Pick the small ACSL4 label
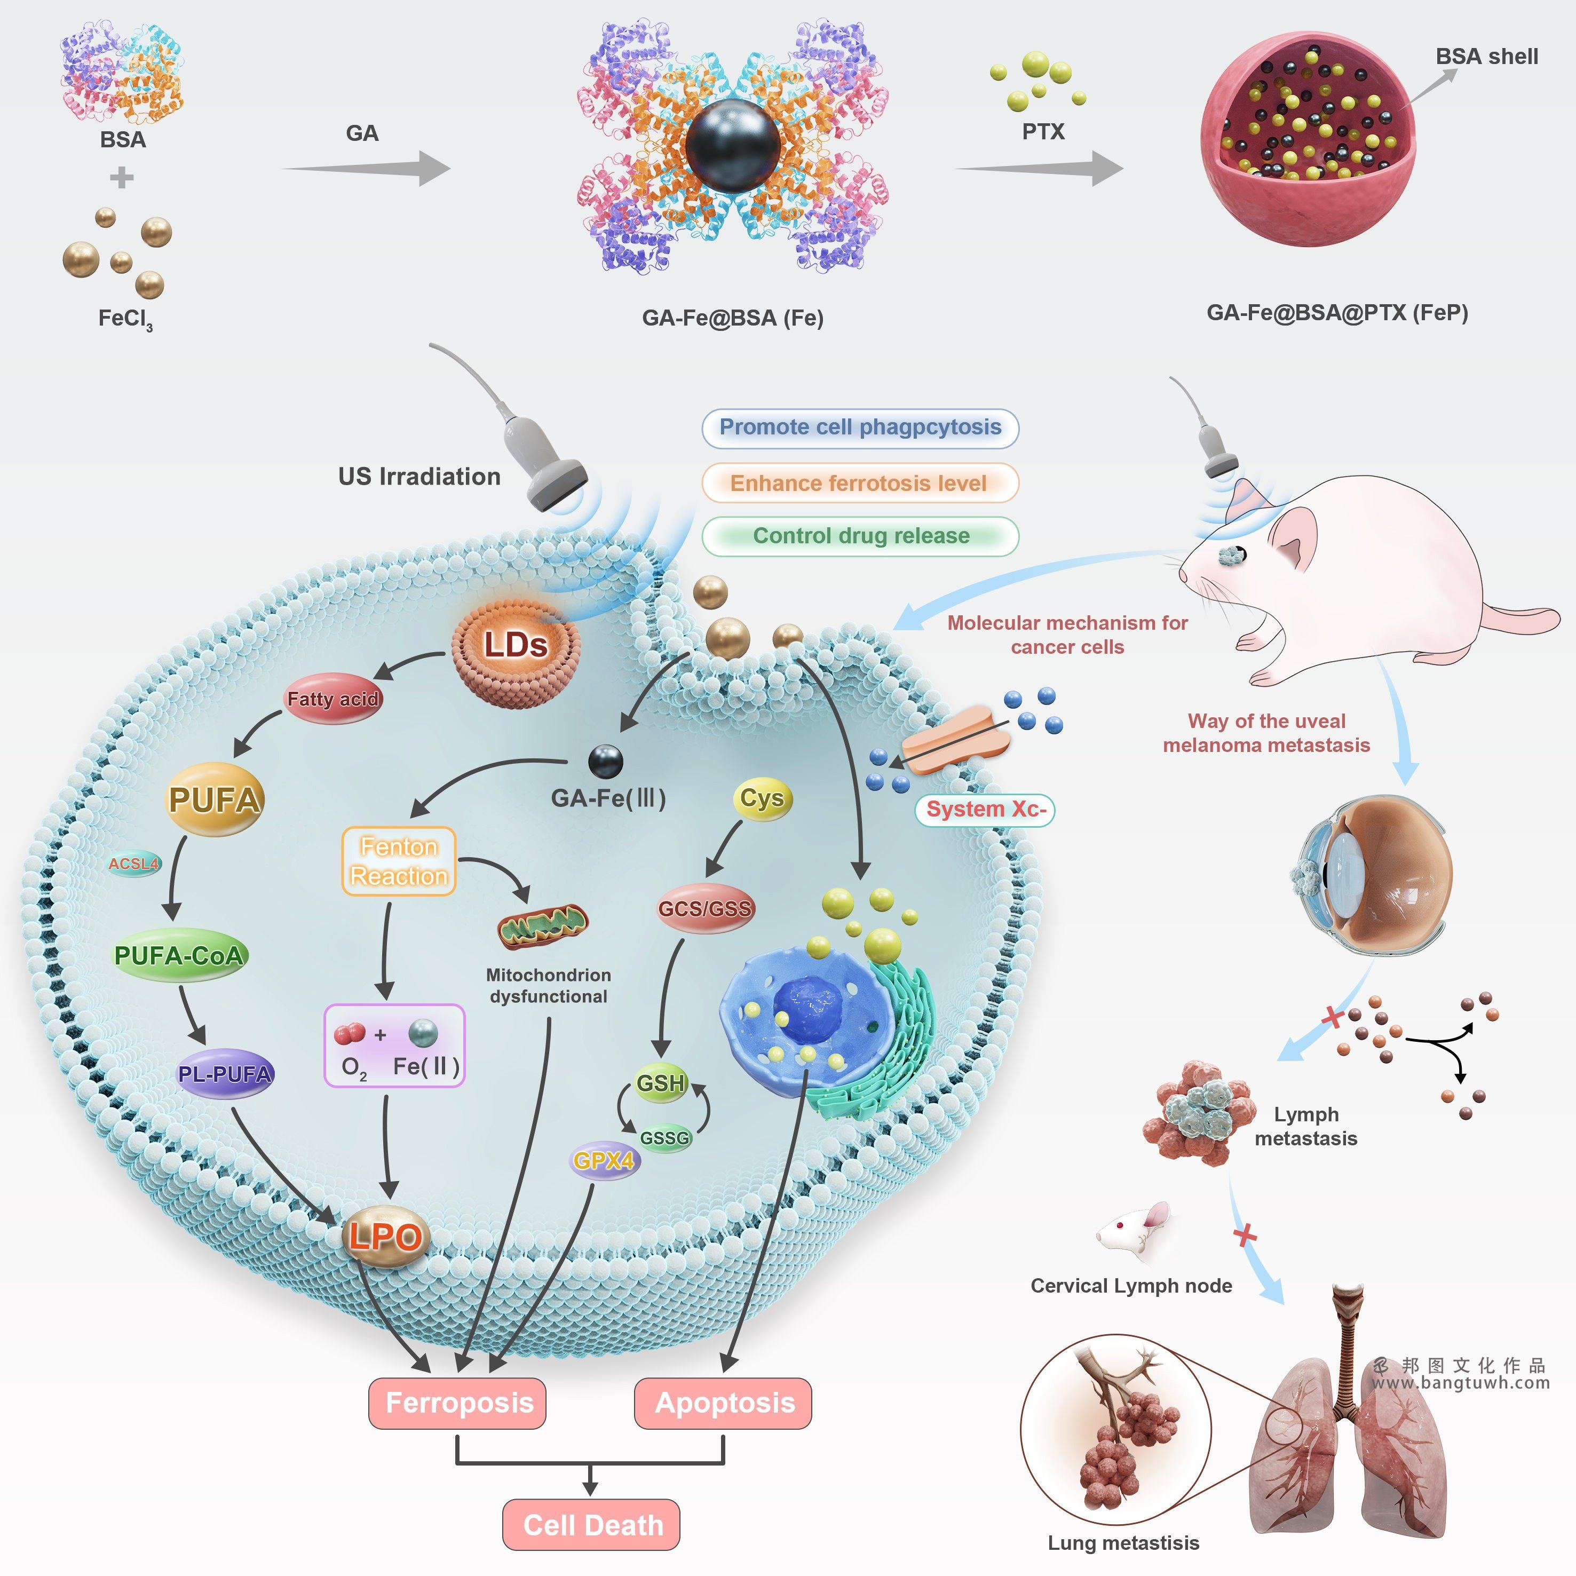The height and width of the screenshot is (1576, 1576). (134, 864)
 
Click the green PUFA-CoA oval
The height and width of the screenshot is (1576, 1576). (179, 955)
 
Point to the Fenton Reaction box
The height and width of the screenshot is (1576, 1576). (399, 861)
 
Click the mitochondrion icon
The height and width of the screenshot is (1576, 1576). (542, 926)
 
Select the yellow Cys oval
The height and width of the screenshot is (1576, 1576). (762, 798)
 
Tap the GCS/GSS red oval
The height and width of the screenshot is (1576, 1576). (705, 908)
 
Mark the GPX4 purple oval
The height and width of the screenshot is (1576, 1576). (604, 1160)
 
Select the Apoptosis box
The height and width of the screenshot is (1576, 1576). (724, 1403)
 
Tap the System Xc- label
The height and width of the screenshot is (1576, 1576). (985, 809)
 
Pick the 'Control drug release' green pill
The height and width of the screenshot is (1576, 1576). (861, 536)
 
